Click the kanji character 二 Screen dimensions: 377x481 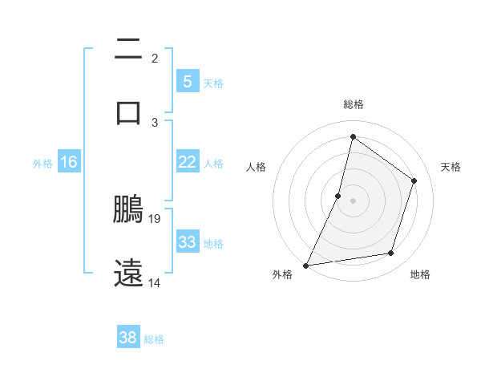[129, 50]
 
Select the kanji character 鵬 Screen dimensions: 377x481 [129, 209]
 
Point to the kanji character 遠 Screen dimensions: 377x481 [129, 273]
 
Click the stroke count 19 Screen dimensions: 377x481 [156, 218]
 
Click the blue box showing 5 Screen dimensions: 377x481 [187, 81]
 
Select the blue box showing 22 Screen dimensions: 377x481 [187, 162]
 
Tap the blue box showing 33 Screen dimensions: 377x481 [187, 242]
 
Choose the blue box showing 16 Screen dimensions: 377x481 [69, 162]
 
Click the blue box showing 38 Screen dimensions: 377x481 [128, 338]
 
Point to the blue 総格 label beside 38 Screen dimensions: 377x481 [154, 339]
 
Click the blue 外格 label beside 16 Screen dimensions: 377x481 [42, 164]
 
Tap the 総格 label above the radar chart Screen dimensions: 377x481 [353, 104]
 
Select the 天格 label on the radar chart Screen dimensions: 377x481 [451, 167]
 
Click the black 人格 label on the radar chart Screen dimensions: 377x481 [256, 167]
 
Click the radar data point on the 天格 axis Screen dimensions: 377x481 [414, 180]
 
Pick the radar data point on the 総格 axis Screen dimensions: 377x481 [353, 136]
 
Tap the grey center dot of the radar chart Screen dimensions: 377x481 [353, 201]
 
